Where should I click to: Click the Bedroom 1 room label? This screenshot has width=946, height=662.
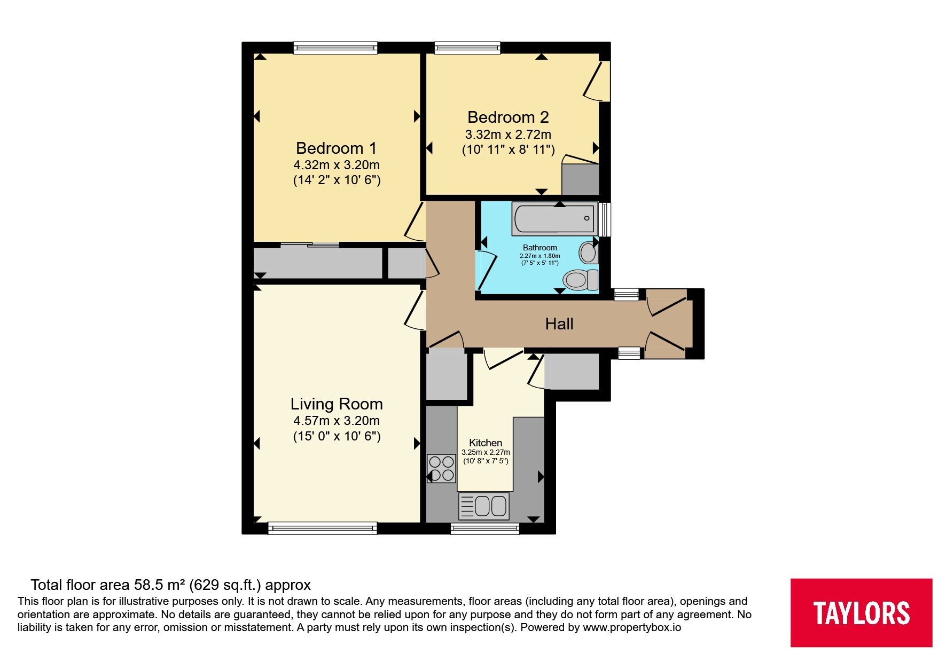pyautogui.click(x=337, y=148)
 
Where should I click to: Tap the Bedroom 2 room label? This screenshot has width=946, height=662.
pyautogui.click(x=508, y=117)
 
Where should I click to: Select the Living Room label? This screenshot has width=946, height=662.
pyautogui.click(x=337, y=404)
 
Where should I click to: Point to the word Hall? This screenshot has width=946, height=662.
pyautogui.click(x=559, y=324)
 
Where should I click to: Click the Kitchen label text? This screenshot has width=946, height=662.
pyautogui.click(x=486, y=443)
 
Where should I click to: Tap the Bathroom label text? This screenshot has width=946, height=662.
pyautogui.click(x=540, y=248)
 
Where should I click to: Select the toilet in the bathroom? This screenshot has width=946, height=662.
pyautogui.click(x=581, y=279)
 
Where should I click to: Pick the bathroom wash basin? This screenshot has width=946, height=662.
pyautogui.click(x=589, y=252)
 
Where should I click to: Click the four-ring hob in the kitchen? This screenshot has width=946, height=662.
pyautogui.click(x=441, y=468)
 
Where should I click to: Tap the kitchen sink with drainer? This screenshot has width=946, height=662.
pyautogui.click(x=484, y=506)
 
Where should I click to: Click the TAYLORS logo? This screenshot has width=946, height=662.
pyautogui.click(x=861, y=612)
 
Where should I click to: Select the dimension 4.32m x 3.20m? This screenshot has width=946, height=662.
pyautogui.click(x=337, y=165)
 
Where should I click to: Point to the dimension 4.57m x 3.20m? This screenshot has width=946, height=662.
pyautogui.click(x=337, y=421)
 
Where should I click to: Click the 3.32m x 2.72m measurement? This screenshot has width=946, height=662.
pyautogui.click(x=508, y=134)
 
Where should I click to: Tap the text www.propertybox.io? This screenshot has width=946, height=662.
pyautogui.click(x=632, y=628)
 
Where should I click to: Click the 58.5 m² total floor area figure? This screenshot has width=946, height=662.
pyautogui.click(x=160, y=585)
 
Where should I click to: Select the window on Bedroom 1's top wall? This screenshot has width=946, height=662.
pyautogui.click(x=335, y=48)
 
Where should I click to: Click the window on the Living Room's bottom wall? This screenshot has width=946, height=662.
pyautogui.click(x=323, y=529)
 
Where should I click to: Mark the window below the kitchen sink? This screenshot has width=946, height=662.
pyautogui.click(x=485, y=529)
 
